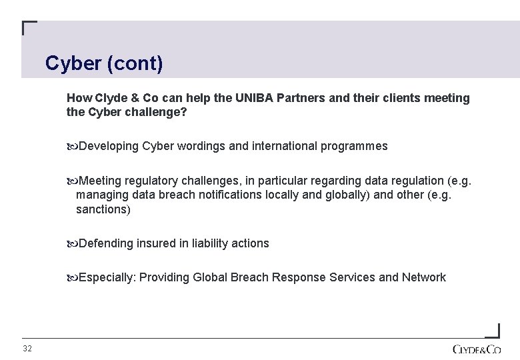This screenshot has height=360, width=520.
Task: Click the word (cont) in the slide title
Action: [137, 64]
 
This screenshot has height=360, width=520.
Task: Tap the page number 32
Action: [27, 349]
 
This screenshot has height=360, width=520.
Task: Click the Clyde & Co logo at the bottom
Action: [476, 349]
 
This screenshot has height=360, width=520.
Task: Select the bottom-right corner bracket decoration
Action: [492, 330]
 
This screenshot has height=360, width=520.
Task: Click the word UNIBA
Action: [255, 98]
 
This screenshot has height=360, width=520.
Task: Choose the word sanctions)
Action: [103, 209]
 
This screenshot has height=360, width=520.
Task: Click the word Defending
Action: [106, 243]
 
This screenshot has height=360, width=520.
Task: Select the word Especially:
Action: [107, 277]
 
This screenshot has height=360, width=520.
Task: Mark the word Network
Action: [424, 277]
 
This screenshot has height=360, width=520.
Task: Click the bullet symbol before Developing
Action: [72, 146]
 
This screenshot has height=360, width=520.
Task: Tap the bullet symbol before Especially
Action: [72, 277]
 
